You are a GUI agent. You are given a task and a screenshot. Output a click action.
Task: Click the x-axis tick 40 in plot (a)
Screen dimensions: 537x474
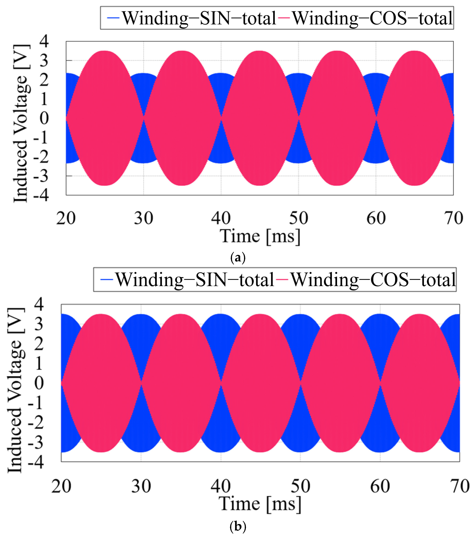point(221,218)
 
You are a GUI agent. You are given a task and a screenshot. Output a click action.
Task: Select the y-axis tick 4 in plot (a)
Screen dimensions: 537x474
point(44,41)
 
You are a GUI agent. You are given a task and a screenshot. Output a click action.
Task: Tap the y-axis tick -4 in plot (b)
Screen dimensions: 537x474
point(36,462)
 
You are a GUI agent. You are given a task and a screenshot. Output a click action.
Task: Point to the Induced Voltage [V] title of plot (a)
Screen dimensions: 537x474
point(20,123)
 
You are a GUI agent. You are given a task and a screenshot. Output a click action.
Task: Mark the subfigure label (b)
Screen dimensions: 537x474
point(237,526)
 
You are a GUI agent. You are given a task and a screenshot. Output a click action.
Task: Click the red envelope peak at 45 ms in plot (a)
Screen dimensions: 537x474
point(260,51)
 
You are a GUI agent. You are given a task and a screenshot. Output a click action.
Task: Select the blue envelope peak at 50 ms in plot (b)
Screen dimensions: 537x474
point(300,314)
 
